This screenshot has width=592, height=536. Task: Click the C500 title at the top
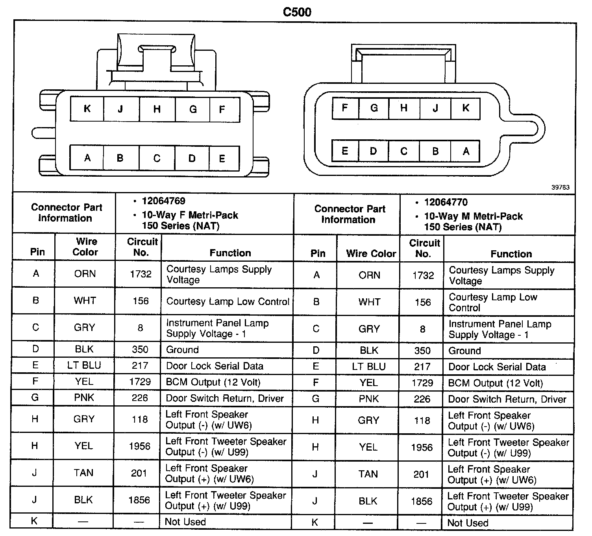coord(297,12)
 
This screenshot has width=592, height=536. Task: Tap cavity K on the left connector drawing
coord(87,109)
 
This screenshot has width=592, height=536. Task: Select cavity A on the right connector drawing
coord(466,151)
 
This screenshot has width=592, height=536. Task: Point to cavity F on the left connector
coord(222,109)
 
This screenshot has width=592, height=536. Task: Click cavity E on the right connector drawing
coord(345,151)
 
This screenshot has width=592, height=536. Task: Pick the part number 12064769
coord(163,201)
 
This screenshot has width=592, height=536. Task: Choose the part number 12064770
coord(446,202)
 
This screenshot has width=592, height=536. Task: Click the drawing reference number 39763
coord(560,187)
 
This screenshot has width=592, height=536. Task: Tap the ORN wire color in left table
coord(85,274)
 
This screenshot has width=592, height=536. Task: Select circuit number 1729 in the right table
coord(422,383)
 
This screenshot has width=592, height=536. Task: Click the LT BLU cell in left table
coord(84,366)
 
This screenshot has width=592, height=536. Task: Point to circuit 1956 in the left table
coord(139,446)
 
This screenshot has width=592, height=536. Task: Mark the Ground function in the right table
coord(464,351)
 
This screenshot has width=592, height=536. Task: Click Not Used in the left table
coord(185,522)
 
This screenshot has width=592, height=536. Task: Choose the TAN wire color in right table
coord(368,474)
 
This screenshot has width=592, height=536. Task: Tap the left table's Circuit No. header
coord(142,247)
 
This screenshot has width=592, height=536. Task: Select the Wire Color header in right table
coord(371,254)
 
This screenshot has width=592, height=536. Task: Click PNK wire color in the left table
coord(84,398)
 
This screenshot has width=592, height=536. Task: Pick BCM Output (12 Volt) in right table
coord(495,383)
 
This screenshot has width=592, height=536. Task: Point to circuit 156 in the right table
coord(422,302)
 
